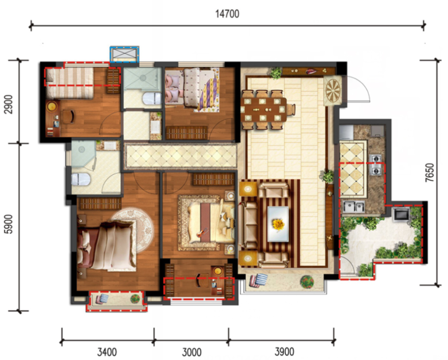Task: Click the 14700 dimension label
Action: tap(227, 14)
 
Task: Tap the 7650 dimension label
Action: tap(429, 172)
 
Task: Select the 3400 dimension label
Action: tap(107, 352)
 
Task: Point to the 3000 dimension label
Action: tap(192, 352)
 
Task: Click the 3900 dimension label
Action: tap(285, 352)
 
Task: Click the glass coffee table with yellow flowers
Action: tap(278, 224)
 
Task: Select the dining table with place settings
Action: tap(263, 110)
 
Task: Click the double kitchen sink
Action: tap(354, 206)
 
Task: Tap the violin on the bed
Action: tap(202, 233)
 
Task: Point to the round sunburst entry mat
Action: tap(333, 90)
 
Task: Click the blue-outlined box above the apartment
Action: tap(124, 54)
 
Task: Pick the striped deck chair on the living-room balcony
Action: tap(258, 280)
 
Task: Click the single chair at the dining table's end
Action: tap(291, 110)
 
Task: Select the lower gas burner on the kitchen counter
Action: tap(376, 171)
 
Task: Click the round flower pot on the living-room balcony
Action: tap(307, 281)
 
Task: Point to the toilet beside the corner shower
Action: tap(81, 180)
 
